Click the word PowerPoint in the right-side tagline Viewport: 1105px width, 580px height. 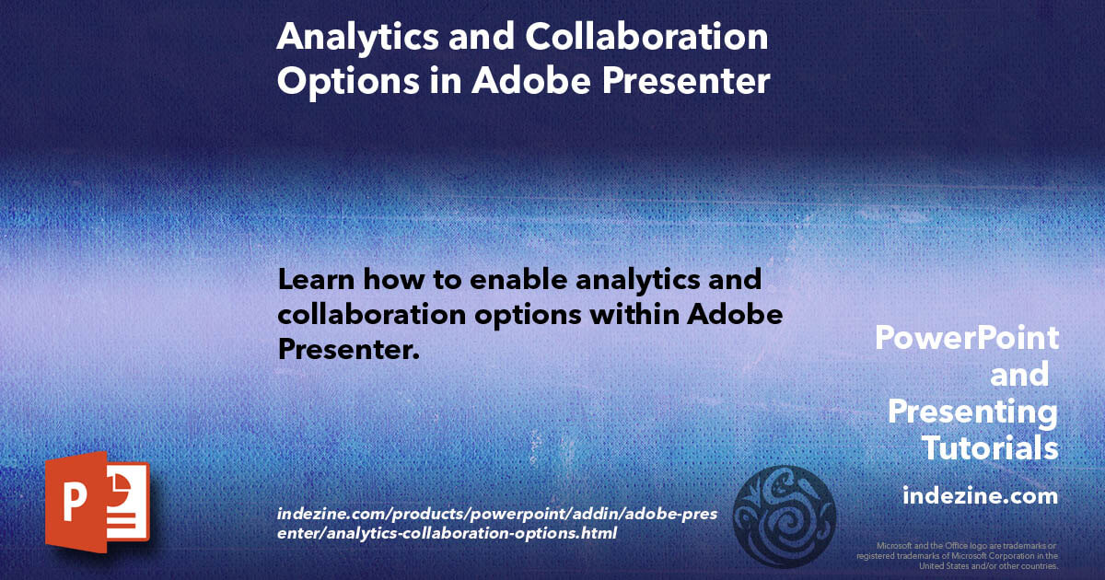click(x=967, y=338)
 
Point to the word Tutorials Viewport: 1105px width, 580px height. click(x=990, y=449)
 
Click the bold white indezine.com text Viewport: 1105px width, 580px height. click(x=980, y=496)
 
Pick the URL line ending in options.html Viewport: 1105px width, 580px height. click(x=447, y=533)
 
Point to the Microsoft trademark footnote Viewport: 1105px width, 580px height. click(x=958, y=556)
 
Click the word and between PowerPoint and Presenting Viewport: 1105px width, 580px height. click(x=1018, y=375)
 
